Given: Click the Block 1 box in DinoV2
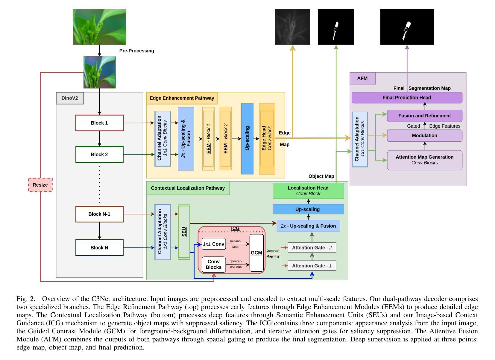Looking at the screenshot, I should click(99, 123).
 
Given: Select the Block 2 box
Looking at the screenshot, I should click(99, 155).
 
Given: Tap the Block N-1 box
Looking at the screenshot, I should click(99, 214).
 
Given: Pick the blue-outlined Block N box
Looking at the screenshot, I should click(99, 248).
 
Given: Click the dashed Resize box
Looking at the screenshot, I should click(40, 185).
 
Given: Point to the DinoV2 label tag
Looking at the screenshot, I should click(70, 98).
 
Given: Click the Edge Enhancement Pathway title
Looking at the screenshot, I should click(182, 98).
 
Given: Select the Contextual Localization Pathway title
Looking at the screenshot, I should click(188, 188).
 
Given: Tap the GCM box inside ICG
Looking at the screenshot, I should click(256, 253).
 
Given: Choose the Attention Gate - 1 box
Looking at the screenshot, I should click(312, 266).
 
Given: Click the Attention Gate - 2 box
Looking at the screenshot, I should click(312, 248).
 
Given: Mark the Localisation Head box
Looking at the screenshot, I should click(308, 191).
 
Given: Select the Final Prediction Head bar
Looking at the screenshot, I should click(407, 98).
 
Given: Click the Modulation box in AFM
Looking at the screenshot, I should click(424, 136).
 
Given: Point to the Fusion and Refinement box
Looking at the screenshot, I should click(424, 116).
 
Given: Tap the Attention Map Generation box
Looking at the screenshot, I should click(424, 160).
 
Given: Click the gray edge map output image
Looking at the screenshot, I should click(292, 27).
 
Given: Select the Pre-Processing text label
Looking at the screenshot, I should click(137, 51).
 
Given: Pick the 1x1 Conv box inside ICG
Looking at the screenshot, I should click(214, 244).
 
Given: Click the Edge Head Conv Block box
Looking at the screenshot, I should click(267, 138).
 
